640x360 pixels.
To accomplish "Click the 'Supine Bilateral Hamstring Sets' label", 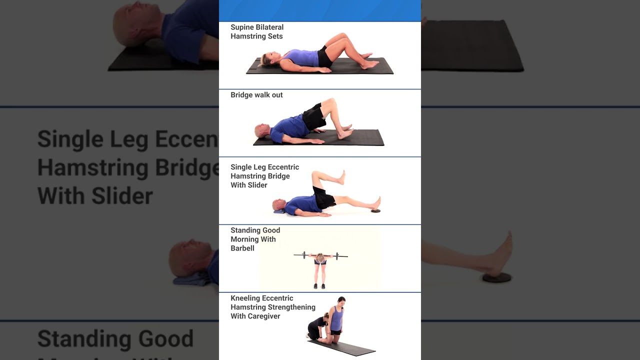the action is pyautogui.click(x=257, y=31).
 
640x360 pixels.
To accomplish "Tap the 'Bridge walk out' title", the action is pyautogui.click(x=256, y=95).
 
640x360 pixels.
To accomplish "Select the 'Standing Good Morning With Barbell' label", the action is pyautogui.click(x=255, y=239).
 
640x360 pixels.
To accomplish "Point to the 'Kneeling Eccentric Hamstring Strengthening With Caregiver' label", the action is pyautogui.click(x=273, y=307).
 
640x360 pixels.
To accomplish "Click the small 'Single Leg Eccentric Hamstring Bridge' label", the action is pyautogui.click(x=265, y=171).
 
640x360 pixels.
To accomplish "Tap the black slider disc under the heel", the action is pyautogui.click(x=375, y=211).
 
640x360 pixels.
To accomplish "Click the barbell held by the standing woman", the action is pyautogui.click(x=321, y=255).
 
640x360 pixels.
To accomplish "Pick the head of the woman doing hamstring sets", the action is pyautogui.click(x=267, y=59).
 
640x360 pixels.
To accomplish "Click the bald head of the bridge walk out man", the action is pyautogui.click(x=261, y=130).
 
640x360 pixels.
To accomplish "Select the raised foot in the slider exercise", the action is pyautogui.click(x=340, y=177).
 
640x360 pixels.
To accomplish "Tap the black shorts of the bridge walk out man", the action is pyautogui.click(x=313, y=117).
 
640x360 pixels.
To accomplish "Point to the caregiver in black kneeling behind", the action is pyautogui.click(x=317, y=326).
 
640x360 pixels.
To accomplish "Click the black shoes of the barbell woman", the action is pyautogui.click(x=319, y=286).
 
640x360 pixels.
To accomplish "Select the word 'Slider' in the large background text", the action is pyautogui.click(x=122, y=196).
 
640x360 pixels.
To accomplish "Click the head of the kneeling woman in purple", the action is pyautogui.click(x=341, y=301).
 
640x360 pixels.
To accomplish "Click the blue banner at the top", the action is pyautogui.click(x=320, y=10).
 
